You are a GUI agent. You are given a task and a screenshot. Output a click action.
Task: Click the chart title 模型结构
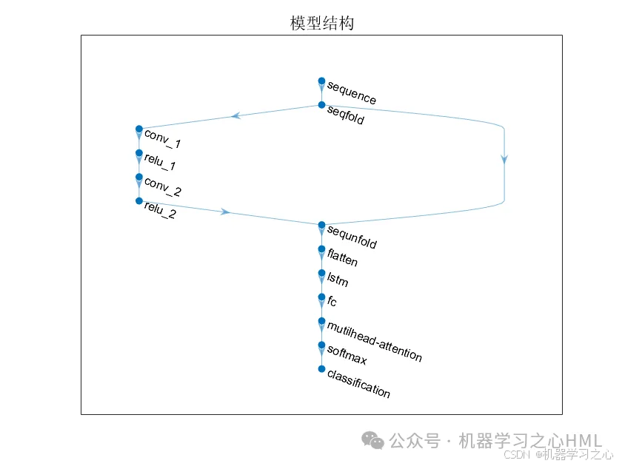pyautogui.click(x=321, y=23)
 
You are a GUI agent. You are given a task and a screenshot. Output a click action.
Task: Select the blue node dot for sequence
pyautogui.click(x=321, y=81)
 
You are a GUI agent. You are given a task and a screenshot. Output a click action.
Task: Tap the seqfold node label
pyautogui.click(x=345, y=117)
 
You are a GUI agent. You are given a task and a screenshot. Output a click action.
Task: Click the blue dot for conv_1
pyautogui.click(x=138, y=129)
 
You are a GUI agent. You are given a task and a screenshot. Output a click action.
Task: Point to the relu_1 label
pyautogui.click(x=159, y=163)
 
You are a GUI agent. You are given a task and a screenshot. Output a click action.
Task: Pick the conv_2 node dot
pyautogui.click(x=138, y=177)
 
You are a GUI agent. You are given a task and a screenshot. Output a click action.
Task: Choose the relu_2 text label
pyautogui.click(x=160, y=211)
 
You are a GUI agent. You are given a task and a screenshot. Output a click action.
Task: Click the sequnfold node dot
pyautogui.click(x=321, y=225)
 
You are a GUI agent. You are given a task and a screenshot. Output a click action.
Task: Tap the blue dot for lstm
pyautogui.click(x=321, y=273)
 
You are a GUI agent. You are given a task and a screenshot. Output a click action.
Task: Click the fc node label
pyautogui.click(x=332, y=301)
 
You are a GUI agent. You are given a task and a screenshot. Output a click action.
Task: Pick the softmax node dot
pyautogui.click(x=321, y=345)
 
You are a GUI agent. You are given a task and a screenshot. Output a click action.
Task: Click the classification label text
pyautogui.click(x=358, y=385)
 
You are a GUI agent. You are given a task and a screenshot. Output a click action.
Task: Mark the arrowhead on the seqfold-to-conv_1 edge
pyautogui.click(x=235, y=115)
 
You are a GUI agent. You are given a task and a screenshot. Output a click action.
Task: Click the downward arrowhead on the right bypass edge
pyautogui.click(x=504, y=158)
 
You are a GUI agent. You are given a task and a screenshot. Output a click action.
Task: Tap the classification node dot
pyautogui.click(x=321, y=368)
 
